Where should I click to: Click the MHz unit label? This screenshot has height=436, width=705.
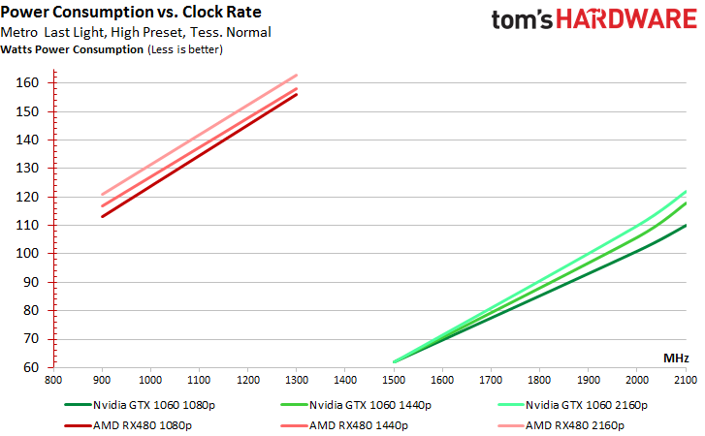coord(676,358)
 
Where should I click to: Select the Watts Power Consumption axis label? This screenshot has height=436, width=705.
coord(73,49)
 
